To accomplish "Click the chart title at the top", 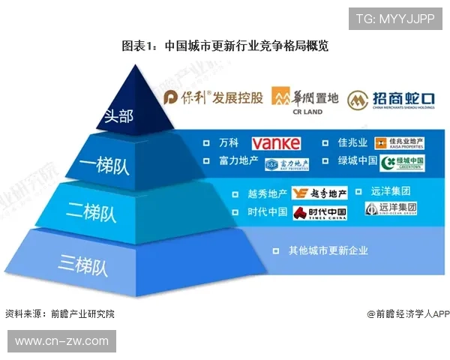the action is pos(225,45).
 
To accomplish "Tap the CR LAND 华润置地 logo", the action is pos(306,99).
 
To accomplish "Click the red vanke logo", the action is pos(276,143).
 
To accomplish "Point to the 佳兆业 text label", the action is pos(352,142).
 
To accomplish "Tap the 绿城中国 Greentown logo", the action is pos(403,163).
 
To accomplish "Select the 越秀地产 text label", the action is pos(268,193).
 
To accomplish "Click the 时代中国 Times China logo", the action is pos(320,213).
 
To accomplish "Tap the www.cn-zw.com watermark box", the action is pos(61,341).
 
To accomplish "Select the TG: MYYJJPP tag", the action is pos(394,19).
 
